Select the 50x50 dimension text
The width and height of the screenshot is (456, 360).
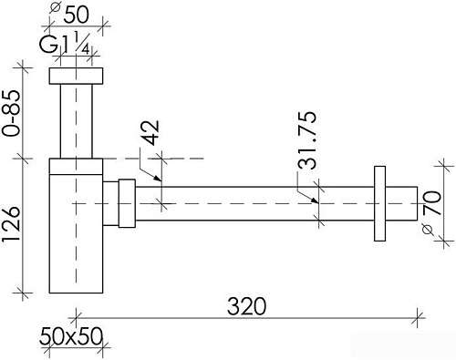(x=71, y=334)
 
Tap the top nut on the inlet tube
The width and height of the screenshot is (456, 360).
(x=77, y=77)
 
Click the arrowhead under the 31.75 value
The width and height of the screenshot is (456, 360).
(x=316, y=199)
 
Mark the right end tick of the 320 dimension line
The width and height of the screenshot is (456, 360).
(x=420, y=316)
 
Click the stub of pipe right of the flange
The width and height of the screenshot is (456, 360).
(x=399, y=203)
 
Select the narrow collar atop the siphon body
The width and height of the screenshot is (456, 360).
(x=77, y=165)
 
